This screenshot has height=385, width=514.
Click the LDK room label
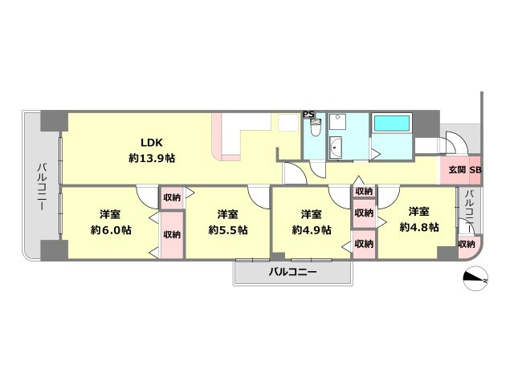[152, 143]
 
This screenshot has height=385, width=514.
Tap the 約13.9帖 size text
[152, 159]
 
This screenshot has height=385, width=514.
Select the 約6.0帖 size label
[111, 230]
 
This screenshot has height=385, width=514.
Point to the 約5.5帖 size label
[228, 230]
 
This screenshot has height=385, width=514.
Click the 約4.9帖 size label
[312, 230]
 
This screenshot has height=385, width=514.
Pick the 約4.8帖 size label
[418, 227]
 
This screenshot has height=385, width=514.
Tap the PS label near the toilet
[308, 114]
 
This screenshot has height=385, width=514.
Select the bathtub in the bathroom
[391, 123]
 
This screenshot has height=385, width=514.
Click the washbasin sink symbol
[335, 148]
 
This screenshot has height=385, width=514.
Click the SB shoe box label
[475, 170]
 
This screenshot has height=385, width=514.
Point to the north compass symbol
[475, 278]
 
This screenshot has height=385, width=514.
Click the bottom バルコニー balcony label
[292, 272]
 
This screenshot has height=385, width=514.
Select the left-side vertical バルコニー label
[42, 187]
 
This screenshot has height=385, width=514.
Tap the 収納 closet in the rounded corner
[467, 244]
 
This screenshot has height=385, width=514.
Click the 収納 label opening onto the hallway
[364, 192]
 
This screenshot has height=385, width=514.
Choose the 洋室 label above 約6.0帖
[110, 214]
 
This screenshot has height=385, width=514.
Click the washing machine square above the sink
[336, 121]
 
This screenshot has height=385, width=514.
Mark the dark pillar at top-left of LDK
[55, 121]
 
